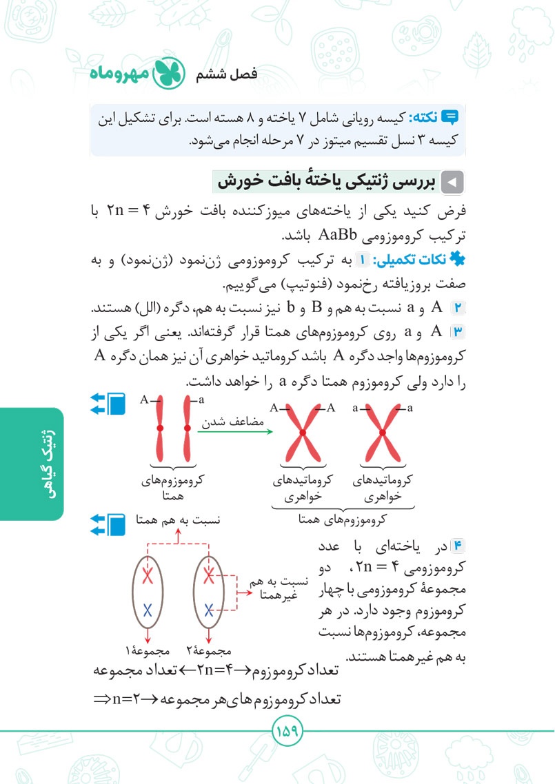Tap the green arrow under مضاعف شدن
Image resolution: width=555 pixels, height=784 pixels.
(x=235, y=432)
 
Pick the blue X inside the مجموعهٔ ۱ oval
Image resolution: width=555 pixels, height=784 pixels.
(x=147, y=609)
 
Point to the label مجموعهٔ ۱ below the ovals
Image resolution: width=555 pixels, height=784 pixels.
(x=144, y=650)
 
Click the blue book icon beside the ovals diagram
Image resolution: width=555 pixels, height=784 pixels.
(x=117, y=525)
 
